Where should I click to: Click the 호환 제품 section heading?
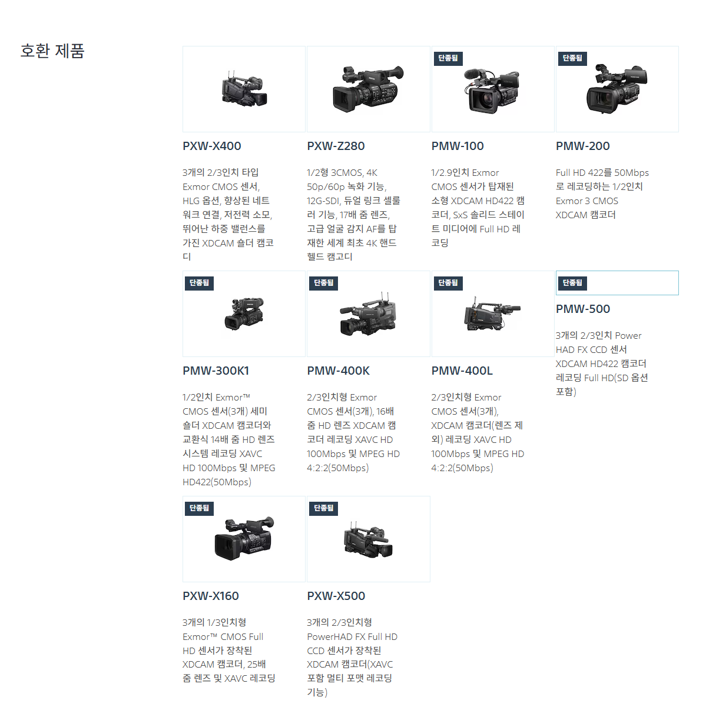(52, 51)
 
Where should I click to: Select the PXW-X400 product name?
(212, 146)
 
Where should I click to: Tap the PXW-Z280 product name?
(336, 146)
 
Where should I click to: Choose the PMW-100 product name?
(458, 146)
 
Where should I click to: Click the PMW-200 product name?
(582, 146)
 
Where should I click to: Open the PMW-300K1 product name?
(216, 371)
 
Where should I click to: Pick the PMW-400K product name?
(339, 371)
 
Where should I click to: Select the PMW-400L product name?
(462, 371)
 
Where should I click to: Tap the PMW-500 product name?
(582, 309)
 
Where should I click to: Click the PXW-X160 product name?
(211, 596)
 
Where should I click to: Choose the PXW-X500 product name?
(336, 596)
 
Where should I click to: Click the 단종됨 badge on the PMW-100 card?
(448, 58)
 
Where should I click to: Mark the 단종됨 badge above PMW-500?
(572, 283)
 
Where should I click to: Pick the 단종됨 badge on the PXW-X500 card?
(324, 508)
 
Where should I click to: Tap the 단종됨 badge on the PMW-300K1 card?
(200, 283)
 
